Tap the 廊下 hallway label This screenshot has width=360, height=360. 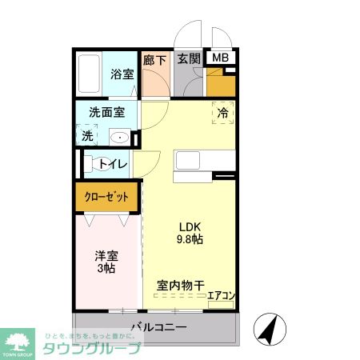click(x=154, y=59)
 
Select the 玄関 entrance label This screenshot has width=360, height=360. click(x=189, y=59)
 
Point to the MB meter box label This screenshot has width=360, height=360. click(x=219, y=58)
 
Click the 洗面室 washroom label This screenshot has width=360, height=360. click(x=106, y=113)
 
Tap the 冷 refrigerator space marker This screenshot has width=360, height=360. click(x=224, y=113)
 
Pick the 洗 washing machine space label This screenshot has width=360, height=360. click(x=87, y=136)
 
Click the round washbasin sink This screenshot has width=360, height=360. click(x=120, y=137)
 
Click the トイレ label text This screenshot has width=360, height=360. click(x=113, y=165)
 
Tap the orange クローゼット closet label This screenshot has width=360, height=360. click(x=107, y=196)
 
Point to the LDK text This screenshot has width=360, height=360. click(x=189, y=225)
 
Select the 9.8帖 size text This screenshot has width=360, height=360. click(x=189, y=238)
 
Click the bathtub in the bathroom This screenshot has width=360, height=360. click(x=90, y=74)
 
